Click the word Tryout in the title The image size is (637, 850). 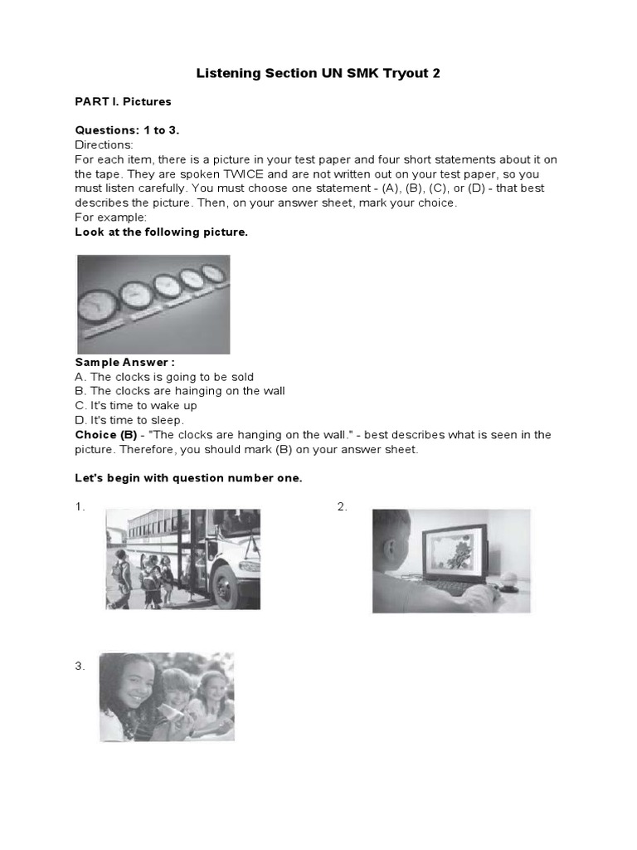pos(396,73)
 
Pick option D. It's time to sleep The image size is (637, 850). pos(129,420)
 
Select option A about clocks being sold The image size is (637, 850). pos(164,377)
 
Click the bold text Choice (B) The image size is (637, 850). pos(105,435)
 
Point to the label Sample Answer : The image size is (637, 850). pos(125,363)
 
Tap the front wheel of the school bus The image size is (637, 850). pos(226,587)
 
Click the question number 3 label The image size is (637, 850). pos(80,666)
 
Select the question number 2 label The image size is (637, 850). pos(342,507)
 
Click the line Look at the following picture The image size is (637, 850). pos(161,232)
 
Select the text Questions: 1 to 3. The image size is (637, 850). pos(127,130)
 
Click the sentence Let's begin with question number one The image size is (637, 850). pos(189,479)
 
